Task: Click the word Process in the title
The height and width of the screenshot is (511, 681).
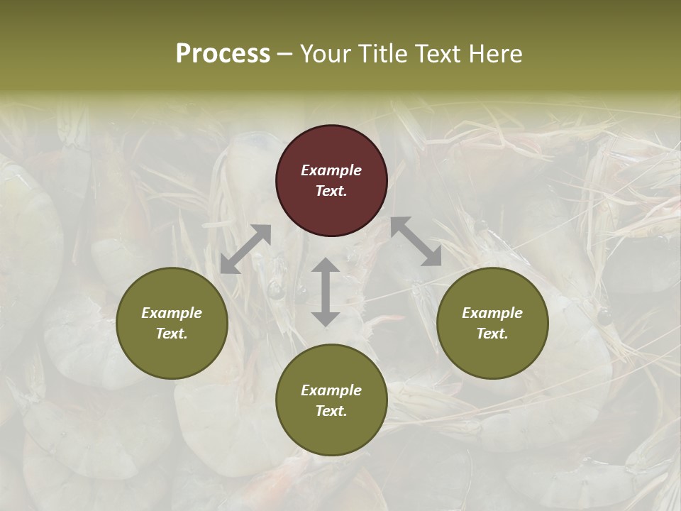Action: tap(223, 54)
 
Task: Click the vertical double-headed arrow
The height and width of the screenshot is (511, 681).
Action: tap(326, 292)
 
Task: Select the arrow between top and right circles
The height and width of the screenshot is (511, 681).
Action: tap(416, 242)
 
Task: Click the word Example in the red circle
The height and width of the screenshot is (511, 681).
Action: tap(331, 170)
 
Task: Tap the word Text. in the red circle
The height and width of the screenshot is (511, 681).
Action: tap(331, 191)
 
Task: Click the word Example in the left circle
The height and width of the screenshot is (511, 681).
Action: tap(172, 313)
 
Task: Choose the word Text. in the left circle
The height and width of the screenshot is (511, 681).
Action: tap(172, 334)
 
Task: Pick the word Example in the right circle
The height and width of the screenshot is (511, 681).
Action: tap(492, 313)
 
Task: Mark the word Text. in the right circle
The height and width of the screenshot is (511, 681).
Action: tap(492, 334)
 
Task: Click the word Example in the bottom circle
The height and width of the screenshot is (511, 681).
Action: tap(331, 390)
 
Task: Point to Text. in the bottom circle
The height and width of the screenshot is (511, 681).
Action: tap(331, 411)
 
